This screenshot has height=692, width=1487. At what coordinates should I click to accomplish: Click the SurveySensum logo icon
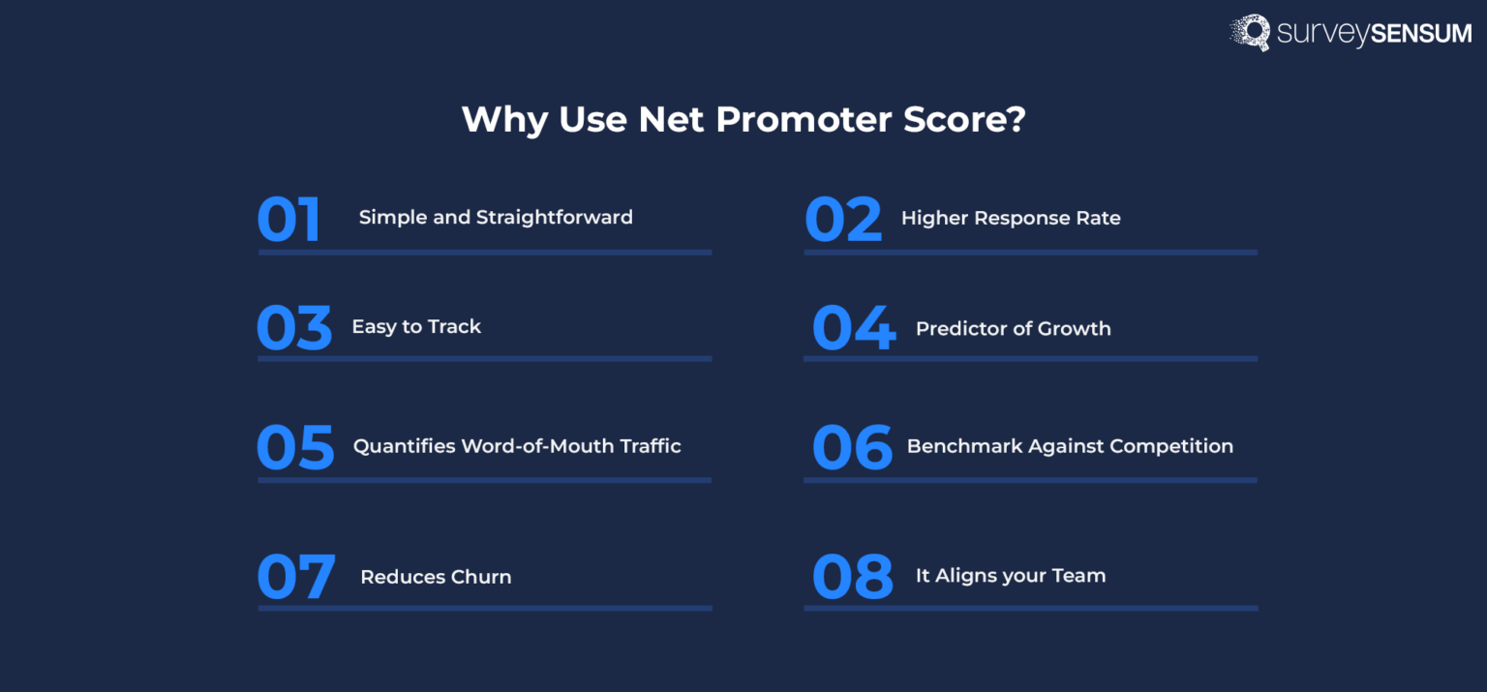(1250, 32)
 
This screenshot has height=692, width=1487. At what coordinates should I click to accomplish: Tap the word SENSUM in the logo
(1419, 35)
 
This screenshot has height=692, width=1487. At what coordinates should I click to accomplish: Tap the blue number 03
(293, 328)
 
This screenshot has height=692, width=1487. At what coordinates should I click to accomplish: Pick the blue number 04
(853, 328)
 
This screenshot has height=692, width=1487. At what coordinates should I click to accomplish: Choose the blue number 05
(294, 447)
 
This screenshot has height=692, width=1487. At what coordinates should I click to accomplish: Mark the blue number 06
(851, 447)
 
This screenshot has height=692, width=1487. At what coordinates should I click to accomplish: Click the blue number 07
(295, 577)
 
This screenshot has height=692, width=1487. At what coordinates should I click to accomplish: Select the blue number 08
(852, 577)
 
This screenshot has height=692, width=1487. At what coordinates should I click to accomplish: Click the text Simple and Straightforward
(496, 218)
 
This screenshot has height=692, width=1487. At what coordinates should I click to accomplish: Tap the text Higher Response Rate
(1011, 219)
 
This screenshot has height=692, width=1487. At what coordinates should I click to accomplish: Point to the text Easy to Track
(416, 327)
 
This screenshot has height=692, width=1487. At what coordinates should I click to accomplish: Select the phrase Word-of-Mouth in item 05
(528, 447)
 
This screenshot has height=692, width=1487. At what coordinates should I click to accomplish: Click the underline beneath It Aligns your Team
(1030, 608)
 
